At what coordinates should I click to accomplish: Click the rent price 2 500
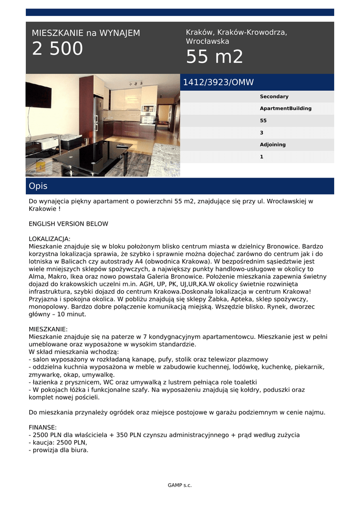58,49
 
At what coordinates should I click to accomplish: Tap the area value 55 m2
215,57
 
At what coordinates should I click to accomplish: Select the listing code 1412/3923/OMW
218,82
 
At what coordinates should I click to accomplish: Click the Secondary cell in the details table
274,97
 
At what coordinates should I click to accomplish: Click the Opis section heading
38,186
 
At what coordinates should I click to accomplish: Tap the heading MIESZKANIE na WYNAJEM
86,33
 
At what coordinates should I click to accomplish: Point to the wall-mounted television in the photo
38,95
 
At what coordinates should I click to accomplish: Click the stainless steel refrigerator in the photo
98,119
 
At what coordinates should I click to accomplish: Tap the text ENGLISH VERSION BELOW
68,224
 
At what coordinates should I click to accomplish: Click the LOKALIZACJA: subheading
50,239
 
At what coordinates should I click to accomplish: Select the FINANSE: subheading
43,427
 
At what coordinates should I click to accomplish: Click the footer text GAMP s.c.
180,485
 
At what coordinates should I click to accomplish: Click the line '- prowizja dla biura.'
59,450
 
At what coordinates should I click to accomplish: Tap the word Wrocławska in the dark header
208,42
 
